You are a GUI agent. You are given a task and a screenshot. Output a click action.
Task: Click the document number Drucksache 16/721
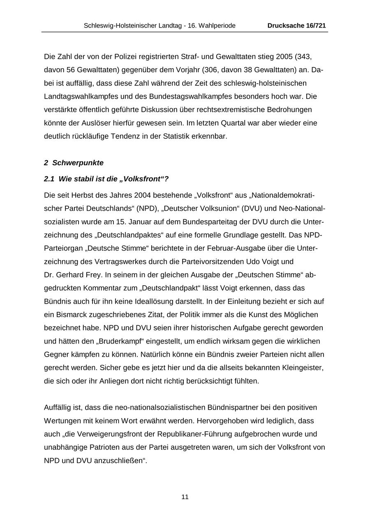click(296, 25)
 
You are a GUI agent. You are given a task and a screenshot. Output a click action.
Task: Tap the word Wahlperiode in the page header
click(216, 25)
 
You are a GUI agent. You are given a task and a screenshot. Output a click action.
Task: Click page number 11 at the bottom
click(185, 497)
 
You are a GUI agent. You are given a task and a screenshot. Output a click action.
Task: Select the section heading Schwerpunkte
click(78, 163)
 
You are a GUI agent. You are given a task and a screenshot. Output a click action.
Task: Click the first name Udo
click(252, 262)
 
